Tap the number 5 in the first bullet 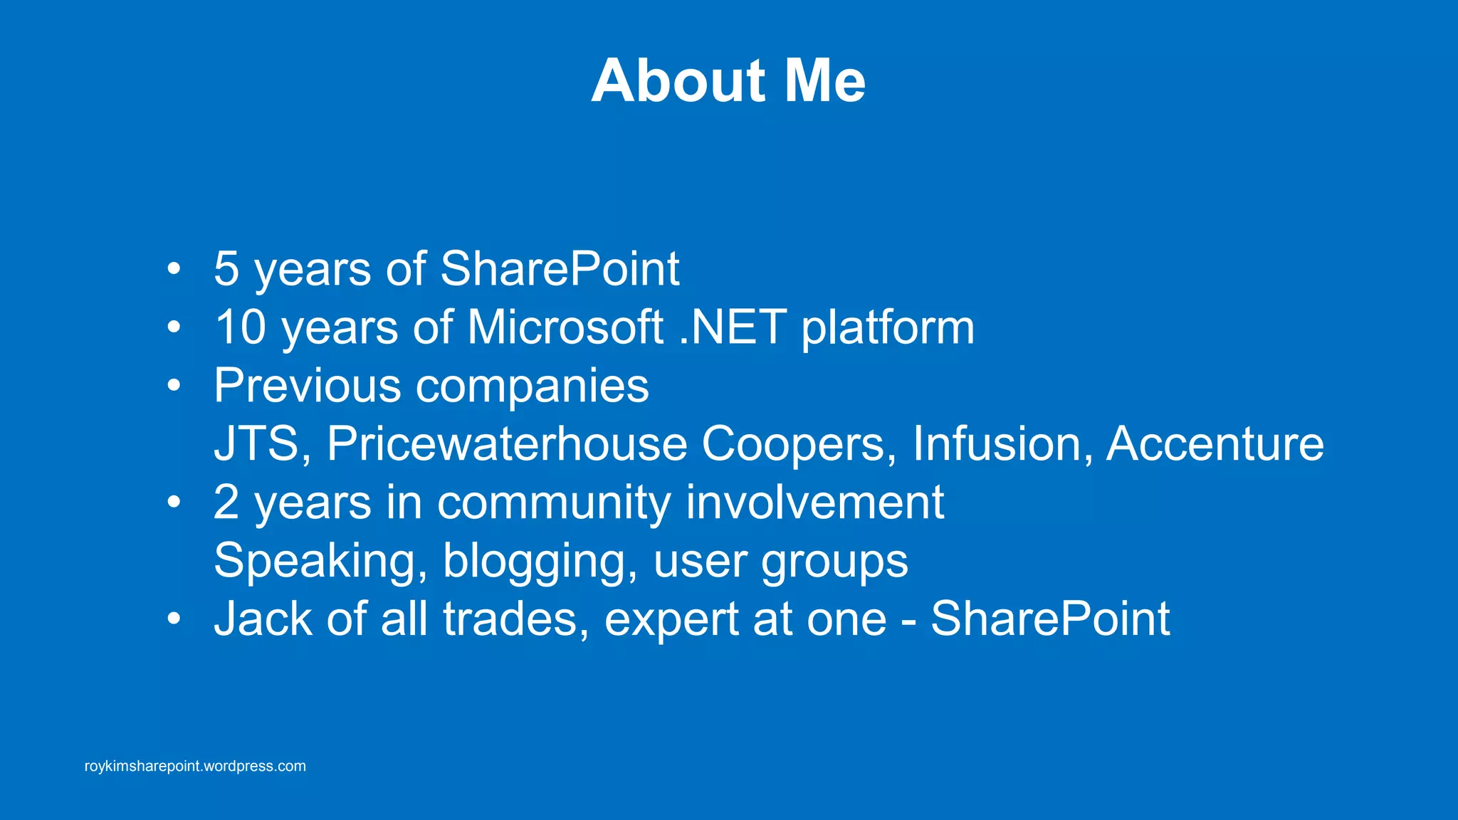(x=226, y=269)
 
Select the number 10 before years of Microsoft (x=241, y=327)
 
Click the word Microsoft (x=565, y=327)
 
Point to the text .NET (x=733, y=327)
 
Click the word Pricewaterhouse (x=507, y=444)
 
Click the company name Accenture (x=1215, y=444)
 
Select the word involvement (x=814, y=503)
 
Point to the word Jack (x=263, y=619)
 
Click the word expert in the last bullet (x=671, y=620)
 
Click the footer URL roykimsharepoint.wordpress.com (x=195, y=767)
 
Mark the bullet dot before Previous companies (x=174, y=386)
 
